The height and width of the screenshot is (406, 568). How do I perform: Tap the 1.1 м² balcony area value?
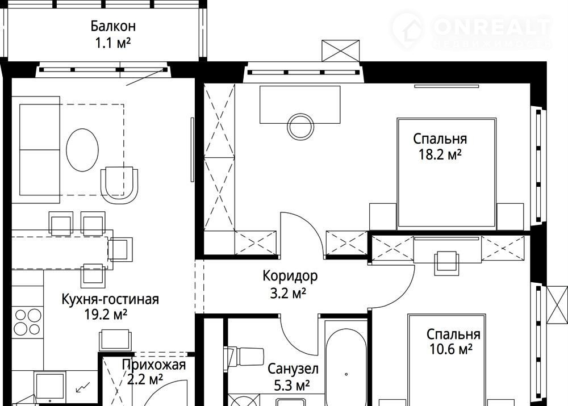(x=112, y=43)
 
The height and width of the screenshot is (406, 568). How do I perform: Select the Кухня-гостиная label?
(x=110, y=299)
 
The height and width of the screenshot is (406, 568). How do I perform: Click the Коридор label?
(x=290, y=277)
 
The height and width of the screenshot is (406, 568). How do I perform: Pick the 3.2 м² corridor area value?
(x=289, y=293)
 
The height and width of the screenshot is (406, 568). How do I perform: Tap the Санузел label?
(x=293, y=370)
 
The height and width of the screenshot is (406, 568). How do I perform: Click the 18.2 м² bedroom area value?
(x=440, y=154)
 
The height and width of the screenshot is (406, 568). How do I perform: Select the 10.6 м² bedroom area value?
(x=450, y=349)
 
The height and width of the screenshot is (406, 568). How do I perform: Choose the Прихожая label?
(x=153, y=365)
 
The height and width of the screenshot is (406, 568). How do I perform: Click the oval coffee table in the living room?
(x=82, y=150)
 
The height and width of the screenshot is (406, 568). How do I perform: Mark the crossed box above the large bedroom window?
(x=340, y=51)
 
